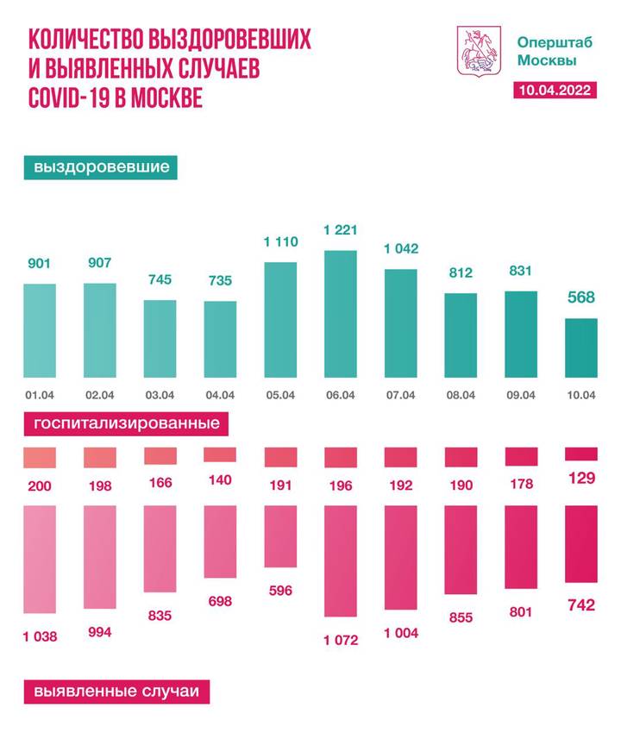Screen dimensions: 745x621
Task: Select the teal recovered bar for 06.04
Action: (x=340, y=314)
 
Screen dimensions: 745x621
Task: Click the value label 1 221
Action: (x=340, y=230)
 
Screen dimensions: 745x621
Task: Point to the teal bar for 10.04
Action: (x=580, y=347)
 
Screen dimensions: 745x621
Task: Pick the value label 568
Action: (x=580, y=298)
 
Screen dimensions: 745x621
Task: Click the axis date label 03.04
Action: (x=160, y=396)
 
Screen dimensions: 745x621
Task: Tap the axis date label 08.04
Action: (x=461, y=396)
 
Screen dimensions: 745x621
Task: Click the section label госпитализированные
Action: (x=126, y=424)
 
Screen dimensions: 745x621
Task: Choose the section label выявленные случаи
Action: (x=116, y=692)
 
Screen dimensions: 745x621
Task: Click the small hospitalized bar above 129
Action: (x=580, y=454)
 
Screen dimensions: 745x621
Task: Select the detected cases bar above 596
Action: (x=279, y=537)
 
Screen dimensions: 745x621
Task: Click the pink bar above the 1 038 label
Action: (x=40, y=566)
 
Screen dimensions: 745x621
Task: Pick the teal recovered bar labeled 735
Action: (x=220, y=339)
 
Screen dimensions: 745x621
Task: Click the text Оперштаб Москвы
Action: (x=545, y=51)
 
